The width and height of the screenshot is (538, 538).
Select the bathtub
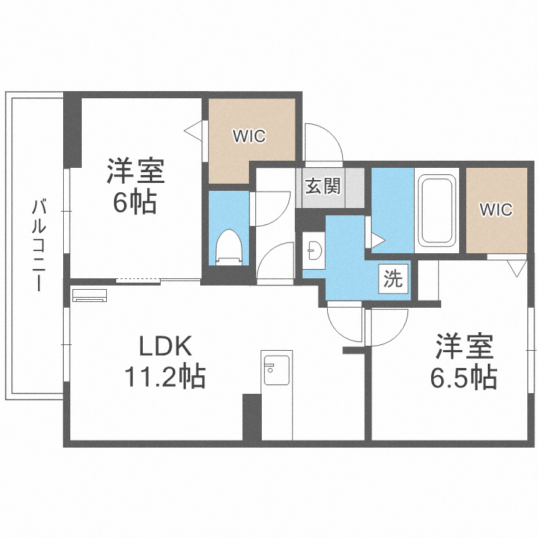pos(436,210)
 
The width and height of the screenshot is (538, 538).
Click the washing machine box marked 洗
pos(393,278)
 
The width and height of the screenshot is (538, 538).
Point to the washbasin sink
pos(314,250)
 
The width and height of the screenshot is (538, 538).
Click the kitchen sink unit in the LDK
pos(277,371)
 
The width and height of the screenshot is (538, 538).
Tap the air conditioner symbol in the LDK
pos(90,296)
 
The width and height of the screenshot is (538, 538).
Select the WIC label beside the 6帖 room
pos(250,136)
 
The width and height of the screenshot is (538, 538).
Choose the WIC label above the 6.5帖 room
pos(496,209)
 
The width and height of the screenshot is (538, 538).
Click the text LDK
pos(166,346)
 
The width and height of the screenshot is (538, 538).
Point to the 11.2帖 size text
pos(165,376)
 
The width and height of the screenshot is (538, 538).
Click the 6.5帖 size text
pos(464,377)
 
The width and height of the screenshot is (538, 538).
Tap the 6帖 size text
pos(135,202)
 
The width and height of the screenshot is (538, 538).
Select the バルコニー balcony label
pos(39,245)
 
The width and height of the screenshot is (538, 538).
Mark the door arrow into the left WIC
pos(193,131)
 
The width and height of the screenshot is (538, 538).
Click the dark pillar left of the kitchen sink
pos(252,417)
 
